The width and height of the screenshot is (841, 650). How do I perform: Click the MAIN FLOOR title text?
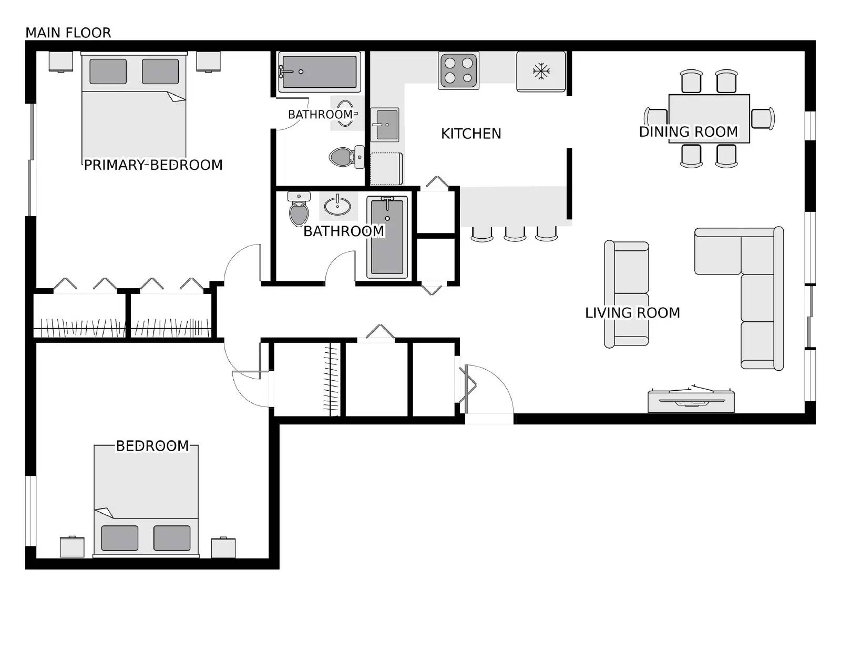(68, 33)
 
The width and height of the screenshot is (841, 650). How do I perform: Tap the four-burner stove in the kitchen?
(458, 71)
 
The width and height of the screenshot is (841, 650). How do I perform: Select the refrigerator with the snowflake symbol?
(541, 71)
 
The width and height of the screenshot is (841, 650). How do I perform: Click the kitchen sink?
(385, 125)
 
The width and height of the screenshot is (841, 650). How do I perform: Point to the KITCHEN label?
(471, 134)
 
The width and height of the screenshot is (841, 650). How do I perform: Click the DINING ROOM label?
(688, 131)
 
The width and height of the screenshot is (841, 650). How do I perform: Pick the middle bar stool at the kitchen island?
(515, 233)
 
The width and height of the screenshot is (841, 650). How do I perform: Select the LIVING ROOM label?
(632, 313)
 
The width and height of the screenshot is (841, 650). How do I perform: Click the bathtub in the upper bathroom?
(319, 72)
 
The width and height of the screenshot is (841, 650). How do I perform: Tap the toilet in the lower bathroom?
(299, 210)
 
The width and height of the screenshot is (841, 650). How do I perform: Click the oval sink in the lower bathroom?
(337, 206)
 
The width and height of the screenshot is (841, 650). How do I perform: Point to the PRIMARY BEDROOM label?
(153, 165)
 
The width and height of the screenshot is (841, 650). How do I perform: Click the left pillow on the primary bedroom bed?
(108, 72)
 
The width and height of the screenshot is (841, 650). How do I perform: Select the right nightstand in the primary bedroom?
(208, 61)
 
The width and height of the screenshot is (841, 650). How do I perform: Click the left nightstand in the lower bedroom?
(72, 547)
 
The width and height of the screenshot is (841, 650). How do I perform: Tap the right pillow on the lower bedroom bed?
(172, 537)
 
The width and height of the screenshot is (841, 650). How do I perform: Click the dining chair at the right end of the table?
(762, 118)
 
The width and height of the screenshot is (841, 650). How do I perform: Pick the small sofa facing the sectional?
(626, 294)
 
